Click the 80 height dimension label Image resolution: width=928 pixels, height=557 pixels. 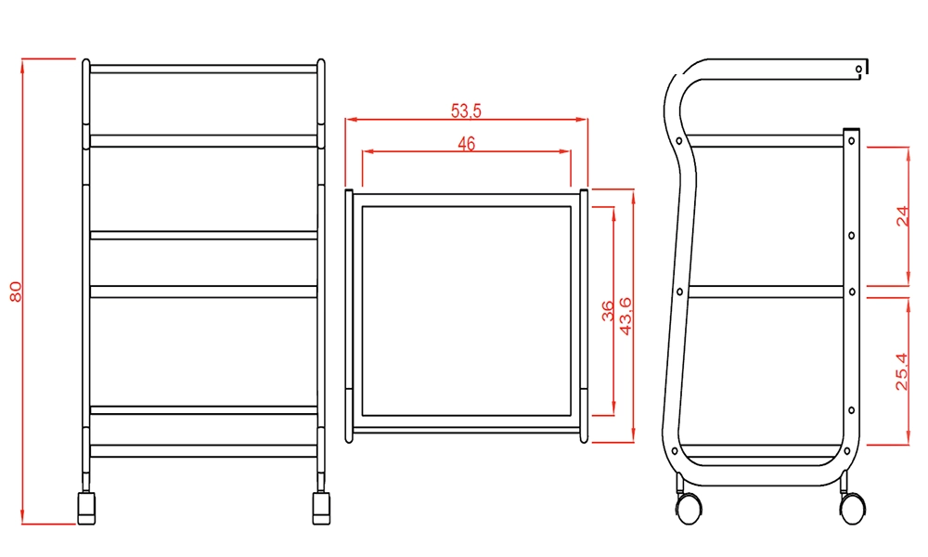click(x=15, y=291)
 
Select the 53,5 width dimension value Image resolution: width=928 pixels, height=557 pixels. click(x=466, y=110)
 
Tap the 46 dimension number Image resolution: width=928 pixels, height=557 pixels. click(x=466, y=144)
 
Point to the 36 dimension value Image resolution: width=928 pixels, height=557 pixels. click(x=608, y=310)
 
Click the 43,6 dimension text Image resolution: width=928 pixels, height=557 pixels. click(x=626, y=316)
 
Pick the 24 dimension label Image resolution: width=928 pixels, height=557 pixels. click(x=903, y=216)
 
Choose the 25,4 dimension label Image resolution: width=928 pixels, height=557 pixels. click(x=903, y=369)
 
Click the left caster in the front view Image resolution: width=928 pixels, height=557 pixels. click(x=86, y=507)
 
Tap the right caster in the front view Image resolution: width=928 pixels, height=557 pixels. click(x=321, y=507)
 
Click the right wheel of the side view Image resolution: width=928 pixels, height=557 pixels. click(x=851, y=507)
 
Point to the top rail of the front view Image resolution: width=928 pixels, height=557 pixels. click(x=203, y=69)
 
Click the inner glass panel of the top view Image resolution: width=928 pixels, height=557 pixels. click(x=466, y=310)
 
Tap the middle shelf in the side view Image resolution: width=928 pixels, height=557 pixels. click(x=766, y=291)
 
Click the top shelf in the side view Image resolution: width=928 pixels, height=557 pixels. click(x=766, y=141)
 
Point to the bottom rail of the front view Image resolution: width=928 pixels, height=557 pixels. click(x=203, y=450)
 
